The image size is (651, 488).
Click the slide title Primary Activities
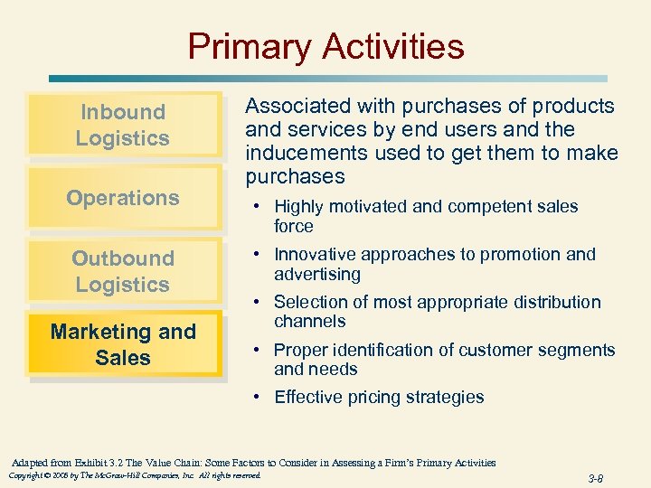tap(325, 46)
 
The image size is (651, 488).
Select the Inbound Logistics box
tap(123, 125)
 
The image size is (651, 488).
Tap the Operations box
tap(123, 197)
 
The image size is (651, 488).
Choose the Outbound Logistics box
tap(123, 271)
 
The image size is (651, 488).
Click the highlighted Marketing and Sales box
tap(123, 344)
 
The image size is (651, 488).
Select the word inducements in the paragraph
tap(302, 153)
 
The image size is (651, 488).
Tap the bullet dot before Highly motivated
tap(258, 207)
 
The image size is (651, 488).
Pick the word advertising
tap(317, 274)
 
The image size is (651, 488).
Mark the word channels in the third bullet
tap(309, 321)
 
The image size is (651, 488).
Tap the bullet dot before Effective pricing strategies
tap(258, 398)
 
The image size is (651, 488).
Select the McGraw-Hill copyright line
tap(134, 475)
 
